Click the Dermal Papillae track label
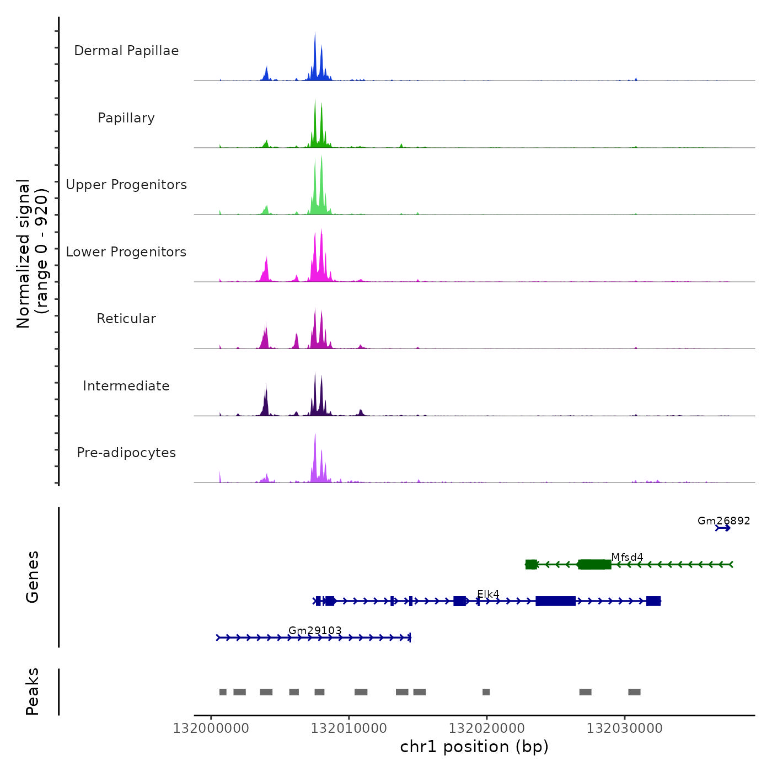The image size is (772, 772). pyautogui.click(x=126, y=51)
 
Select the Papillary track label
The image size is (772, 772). pyautogui.click(x=126, y=118)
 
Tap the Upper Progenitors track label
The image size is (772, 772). pyautogui.click(x=126, y=185)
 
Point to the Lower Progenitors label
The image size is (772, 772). pyautogui.click(x=126, y=252)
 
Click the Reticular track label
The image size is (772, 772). pyautogui.click(x=126, y=319)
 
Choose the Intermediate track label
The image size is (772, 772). pyautogui.click(x=126, y=386)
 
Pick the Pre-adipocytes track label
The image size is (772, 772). pyautogui.click(x=126, y=453)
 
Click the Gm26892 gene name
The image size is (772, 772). pyautogui.click(x=723, y=521)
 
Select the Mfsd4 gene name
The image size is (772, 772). pyautogui.click(x=627, y=557)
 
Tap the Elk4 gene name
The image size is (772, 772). pyautogui.click(x=488, y=594)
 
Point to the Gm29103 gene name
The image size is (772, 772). pyautogui.click(x=315, y=630)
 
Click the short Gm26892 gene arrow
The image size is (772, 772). pyautogui.click(x=722, y=528)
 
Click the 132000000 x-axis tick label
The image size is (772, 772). pyautogui.click(x=211, y=728)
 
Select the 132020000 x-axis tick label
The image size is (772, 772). pyautogui.click(x=487, y=728)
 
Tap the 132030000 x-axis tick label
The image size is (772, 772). pyautogui.click(x=625, y=728)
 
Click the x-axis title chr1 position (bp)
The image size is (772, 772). pyautogui.click(x=474, y=747)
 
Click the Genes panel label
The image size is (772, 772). pyautogui.click(x=32, y=576)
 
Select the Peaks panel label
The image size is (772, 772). pyautogui.click(x=32, y=691)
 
